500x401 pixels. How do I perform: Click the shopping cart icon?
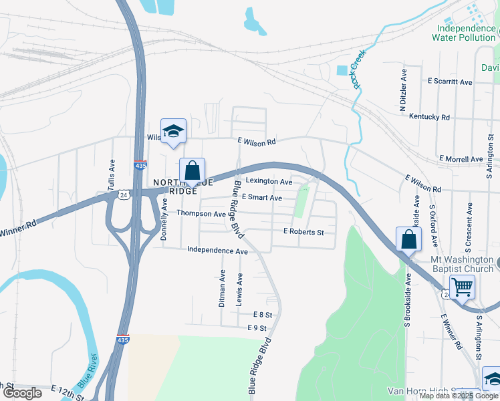(x=462, y=287)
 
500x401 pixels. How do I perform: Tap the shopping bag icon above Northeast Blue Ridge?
(x=192, y=170)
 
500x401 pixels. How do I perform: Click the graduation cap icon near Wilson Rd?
(x=173, y=131)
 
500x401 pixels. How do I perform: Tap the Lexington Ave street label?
(x=269, y=181)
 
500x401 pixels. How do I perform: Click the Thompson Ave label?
(x=201, y=214)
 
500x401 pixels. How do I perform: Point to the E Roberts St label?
(x=303, y=232)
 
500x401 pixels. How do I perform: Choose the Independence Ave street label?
(x=217, y=251)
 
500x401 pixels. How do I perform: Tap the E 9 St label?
(x=257, y=328)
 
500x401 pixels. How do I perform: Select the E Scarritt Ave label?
(x=450, y=82)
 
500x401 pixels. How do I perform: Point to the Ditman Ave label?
(x=222, y=288)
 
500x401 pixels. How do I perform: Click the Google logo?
(x=22, y=393)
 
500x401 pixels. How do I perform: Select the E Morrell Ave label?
(x=461, y=159)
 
